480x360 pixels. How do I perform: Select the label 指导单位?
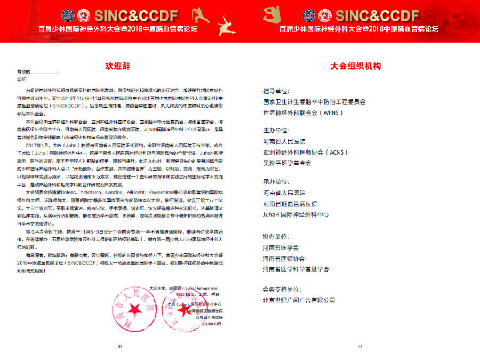coord(276,91)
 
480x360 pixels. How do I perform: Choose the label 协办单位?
coord(276,236)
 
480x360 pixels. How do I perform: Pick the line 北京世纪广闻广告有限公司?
coord(299,300)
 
